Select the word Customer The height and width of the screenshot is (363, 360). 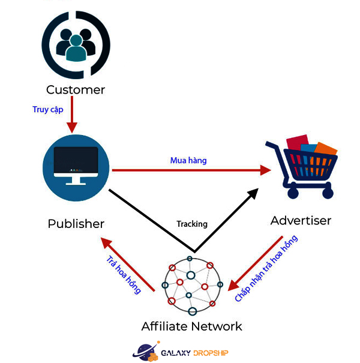pyautogui.click(x=76, y=90)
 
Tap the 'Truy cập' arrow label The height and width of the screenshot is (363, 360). pyautogui.click(x=47, y=110)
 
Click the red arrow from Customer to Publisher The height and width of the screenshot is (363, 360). pyautogui.click(x=72, y=117)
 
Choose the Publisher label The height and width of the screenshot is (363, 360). pyautogui.click(x=76, y=224)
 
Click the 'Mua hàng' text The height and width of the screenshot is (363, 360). pyautogui.click(x=188, y=160)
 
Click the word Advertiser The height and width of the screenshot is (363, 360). pyautogui.click(x=301, y=220)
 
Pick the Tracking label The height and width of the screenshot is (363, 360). pyautogui.click(x=192, y=224)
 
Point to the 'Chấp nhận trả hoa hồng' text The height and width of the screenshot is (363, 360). pyautogui.click(x=266, y=268)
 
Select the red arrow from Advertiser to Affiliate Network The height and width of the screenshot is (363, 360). pyautogui.click(x=256, y=262)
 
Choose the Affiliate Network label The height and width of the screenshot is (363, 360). pyautogui.click(x=191, y=326)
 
